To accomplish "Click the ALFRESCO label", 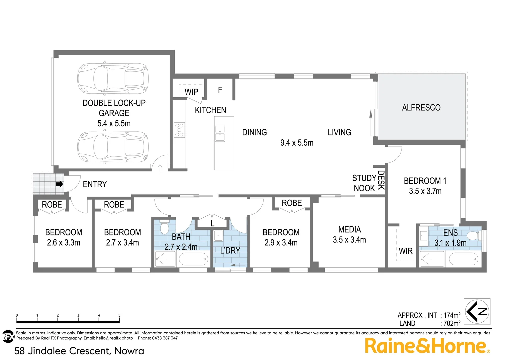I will coord(421,108).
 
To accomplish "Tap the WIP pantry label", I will coord(191,92).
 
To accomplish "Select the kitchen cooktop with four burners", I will coord(179,130).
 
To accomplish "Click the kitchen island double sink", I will coord(220,133).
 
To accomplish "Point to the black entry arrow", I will coord(59,184).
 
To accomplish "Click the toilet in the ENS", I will coord(473,236).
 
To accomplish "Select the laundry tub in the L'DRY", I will coord(218,235).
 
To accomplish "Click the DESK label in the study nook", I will coord(381,180).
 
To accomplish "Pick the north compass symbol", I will coord(477,312).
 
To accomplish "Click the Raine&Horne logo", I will coord(427,346).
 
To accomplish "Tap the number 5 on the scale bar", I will coord(119,315).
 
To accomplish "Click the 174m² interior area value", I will coord(452,315).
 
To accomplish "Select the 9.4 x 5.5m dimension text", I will coord(297,143).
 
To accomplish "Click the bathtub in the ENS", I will coord(463,259).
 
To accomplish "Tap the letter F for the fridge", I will coord(220,90).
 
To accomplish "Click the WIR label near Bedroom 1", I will coord(406,251).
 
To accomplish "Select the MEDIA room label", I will coord(349,230).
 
